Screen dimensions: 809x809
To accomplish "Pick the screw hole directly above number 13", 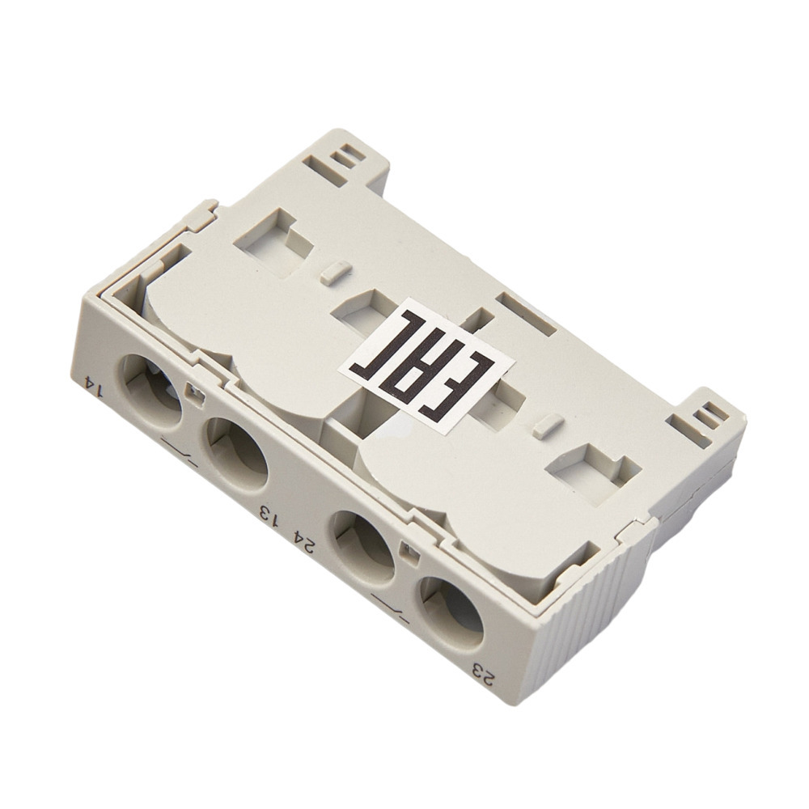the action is [x=237, y=454].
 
